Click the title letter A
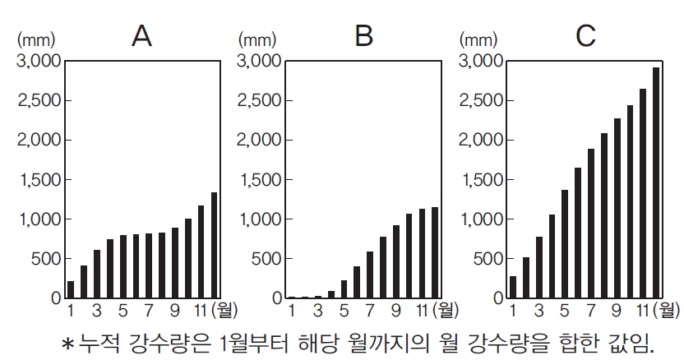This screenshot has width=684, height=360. click(141, 37)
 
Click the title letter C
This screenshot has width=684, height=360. click(585, 37)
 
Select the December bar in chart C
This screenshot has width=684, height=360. click(656, 182)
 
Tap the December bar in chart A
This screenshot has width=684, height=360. click(215, 245)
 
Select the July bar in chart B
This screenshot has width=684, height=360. click(369, 275)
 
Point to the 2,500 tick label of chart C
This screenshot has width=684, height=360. click(482, 101)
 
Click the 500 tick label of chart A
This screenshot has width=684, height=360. click(44, 259)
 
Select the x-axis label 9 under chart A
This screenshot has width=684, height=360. click(174, 310)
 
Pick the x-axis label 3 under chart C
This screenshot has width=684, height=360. click(539, 310)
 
